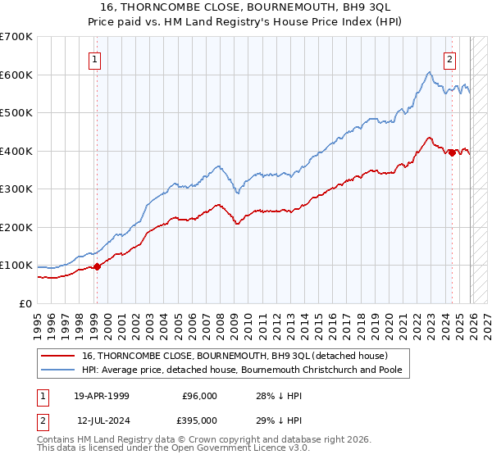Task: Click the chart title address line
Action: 246,7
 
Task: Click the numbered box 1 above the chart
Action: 96,59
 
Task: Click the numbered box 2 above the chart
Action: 450,59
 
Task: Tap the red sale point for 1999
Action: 97,266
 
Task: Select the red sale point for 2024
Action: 452,152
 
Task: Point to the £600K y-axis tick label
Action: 16,75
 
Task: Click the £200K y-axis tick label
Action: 16,227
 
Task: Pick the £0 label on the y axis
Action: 25,303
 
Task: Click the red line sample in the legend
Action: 59,356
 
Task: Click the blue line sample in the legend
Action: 59,370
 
